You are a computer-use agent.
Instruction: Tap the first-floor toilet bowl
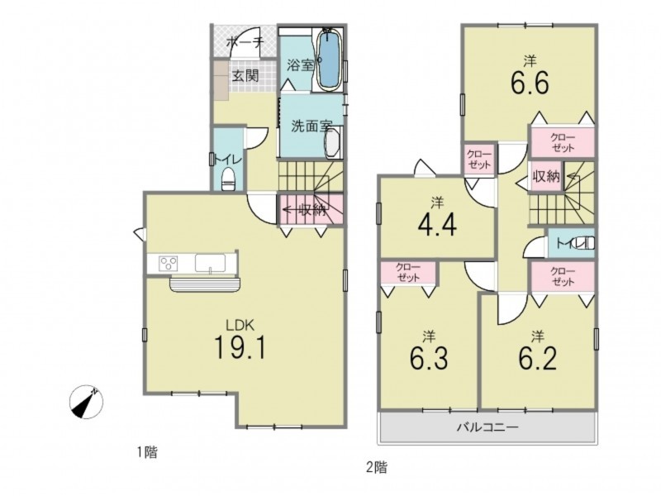(x=228, y=179)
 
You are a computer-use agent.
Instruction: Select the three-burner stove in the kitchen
(x=169, y=264)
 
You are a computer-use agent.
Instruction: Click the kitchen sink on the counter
(x=210, y=263)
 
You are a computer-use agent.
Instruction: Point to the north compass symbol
(x=86, y=402)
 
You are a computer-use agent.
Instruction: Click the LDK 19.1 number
(x=240, y=346)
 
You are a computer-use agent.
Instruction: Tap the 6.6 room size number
(x=530, y=83)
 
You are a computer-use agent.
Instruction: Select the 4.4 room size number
(x=438, y=226)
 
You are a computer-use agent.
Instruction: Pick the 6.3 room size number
(x=428, y=359)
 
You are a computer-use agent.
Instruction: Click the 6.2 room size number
(x=537, y=359)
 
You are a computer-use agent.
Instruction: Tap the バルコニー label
(x=487, y=427)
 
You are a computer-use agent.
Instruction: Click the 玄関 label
(x=245, y=76)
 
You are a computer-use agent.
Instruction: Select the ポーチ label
(x=245, y=42)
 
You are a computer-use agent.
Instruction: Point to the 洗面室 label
(x=311, y=126)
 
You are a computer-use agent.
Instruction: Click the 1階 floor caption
(x=147, y=453)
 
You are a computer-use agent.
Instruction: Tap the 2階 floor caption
(x=377, y=467)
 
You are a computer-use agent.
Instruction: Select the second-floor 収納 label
(x=546, y=177)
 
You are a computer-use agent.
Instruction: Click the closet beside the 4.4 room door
(x=479, y=159)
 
